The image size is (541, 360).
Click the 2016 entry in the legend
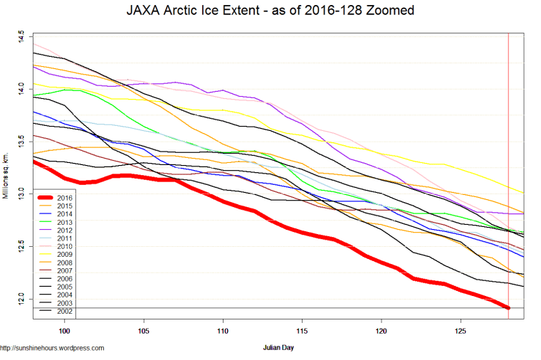tap(66, 197)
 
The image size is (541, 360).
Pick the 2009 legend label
tap(66, 255)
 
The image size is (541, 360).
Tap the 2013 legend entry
tap(66, 222)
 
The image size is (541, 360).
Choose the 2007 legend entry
tap(66, 271)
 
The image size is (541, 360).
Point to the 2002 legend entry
tap(66, 312)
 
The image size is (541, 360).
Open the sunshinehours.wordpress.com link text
tap(53, 349)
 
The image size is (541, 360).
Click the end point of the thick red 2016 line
tap(508, 307)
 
